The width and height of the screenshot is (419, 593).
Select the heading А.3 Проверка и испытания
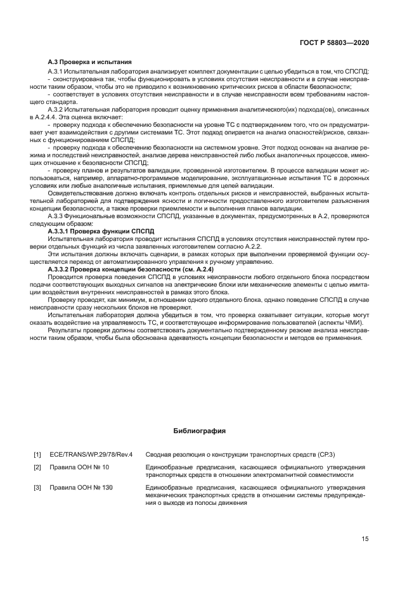pos(90,62)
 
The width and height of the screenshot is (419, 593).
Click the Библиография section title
pos(200,431)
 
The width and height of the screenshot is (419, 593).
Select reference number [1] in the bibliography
pos(37,455)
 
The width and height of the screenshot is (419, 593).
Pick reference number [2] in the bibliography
pos(37,467)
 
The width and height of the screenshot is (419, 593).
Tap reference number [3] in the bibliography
pos(37,487)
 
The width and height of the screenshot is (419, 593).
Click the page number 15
pos(364,539)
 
